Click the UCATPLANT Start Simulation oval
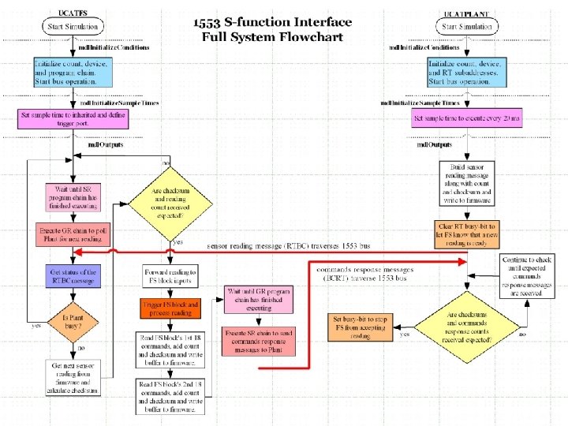(466, 27)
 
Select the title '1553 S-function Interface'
(273, 22)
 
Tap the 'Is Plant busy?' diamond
(73, 323)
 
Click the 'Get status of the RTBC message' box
(73, 276)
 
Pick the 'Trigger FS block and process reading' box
(171, 308)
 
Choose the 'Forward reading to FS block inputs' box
(171, 276)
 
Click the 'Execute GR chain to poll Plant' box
(73, 234)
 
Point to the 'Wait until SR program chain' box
(73, 198)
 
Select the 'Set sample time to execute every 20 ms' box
(467, 118)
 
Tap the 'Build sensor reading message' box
(467, 181)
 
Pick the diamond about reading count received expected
(172, 200)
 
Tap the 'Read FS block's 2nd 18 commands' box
(171, 396)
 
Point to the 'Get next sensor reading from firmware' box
(73, 377)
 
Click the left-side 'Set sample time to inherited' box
(73, 119)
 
